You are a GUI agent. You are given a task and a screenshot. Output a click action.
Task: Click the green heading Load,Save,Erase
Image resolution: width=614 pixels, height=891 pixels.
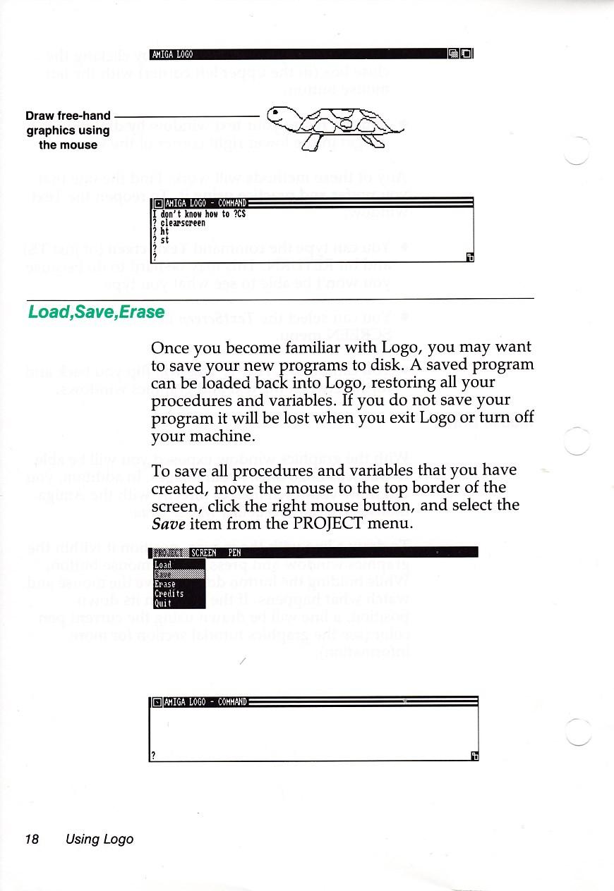96,312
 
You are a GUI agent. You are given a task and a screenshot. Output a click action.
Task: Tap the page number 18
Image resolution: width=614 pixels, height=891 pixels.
31,839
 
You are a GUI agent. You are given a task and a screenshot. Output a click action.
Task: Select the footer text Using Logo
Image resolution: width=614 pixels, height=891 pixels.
99,839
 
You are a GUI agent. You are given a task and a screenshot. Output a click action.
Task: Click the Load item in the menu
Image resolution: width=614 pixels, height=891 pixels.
163,565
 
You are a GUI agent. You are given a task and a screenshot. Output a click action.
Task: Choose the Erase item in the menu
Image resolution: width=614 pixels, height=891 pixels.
165,584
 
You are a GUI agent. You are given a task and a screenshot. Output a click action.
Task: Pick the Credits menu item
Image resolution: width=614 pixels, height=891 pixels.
169,594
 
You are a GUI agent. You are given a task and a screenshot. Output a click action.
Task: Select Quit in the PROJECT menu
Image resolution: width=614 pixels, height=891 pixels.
163,603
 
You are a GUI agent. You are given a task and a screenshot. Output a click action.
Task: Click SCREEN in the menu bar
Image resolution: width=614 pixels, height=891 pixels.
204,553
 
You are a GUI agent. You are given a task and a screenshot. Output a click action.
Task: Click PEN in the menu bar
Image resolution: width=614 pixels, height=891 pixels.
234,553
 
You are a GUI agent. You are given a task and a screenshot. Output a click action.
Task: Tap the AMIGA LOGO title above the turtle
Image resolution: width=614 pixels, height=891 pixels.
173,54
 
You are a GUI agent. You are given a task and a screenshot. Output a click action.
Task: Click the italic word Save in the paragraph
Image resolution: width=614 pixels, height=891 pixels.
167,524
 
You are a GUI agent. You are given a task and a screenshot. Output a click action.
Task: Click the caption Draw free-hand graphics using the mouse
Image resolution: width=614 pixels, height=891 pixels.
68,130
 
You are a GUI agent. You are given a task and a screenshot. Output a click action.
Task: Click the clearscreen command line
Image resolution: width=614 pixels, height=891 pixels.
183,223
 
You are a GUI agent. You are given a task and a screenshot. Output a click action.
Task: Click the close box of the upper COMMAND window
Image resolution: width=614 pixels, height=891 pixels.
158,205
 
